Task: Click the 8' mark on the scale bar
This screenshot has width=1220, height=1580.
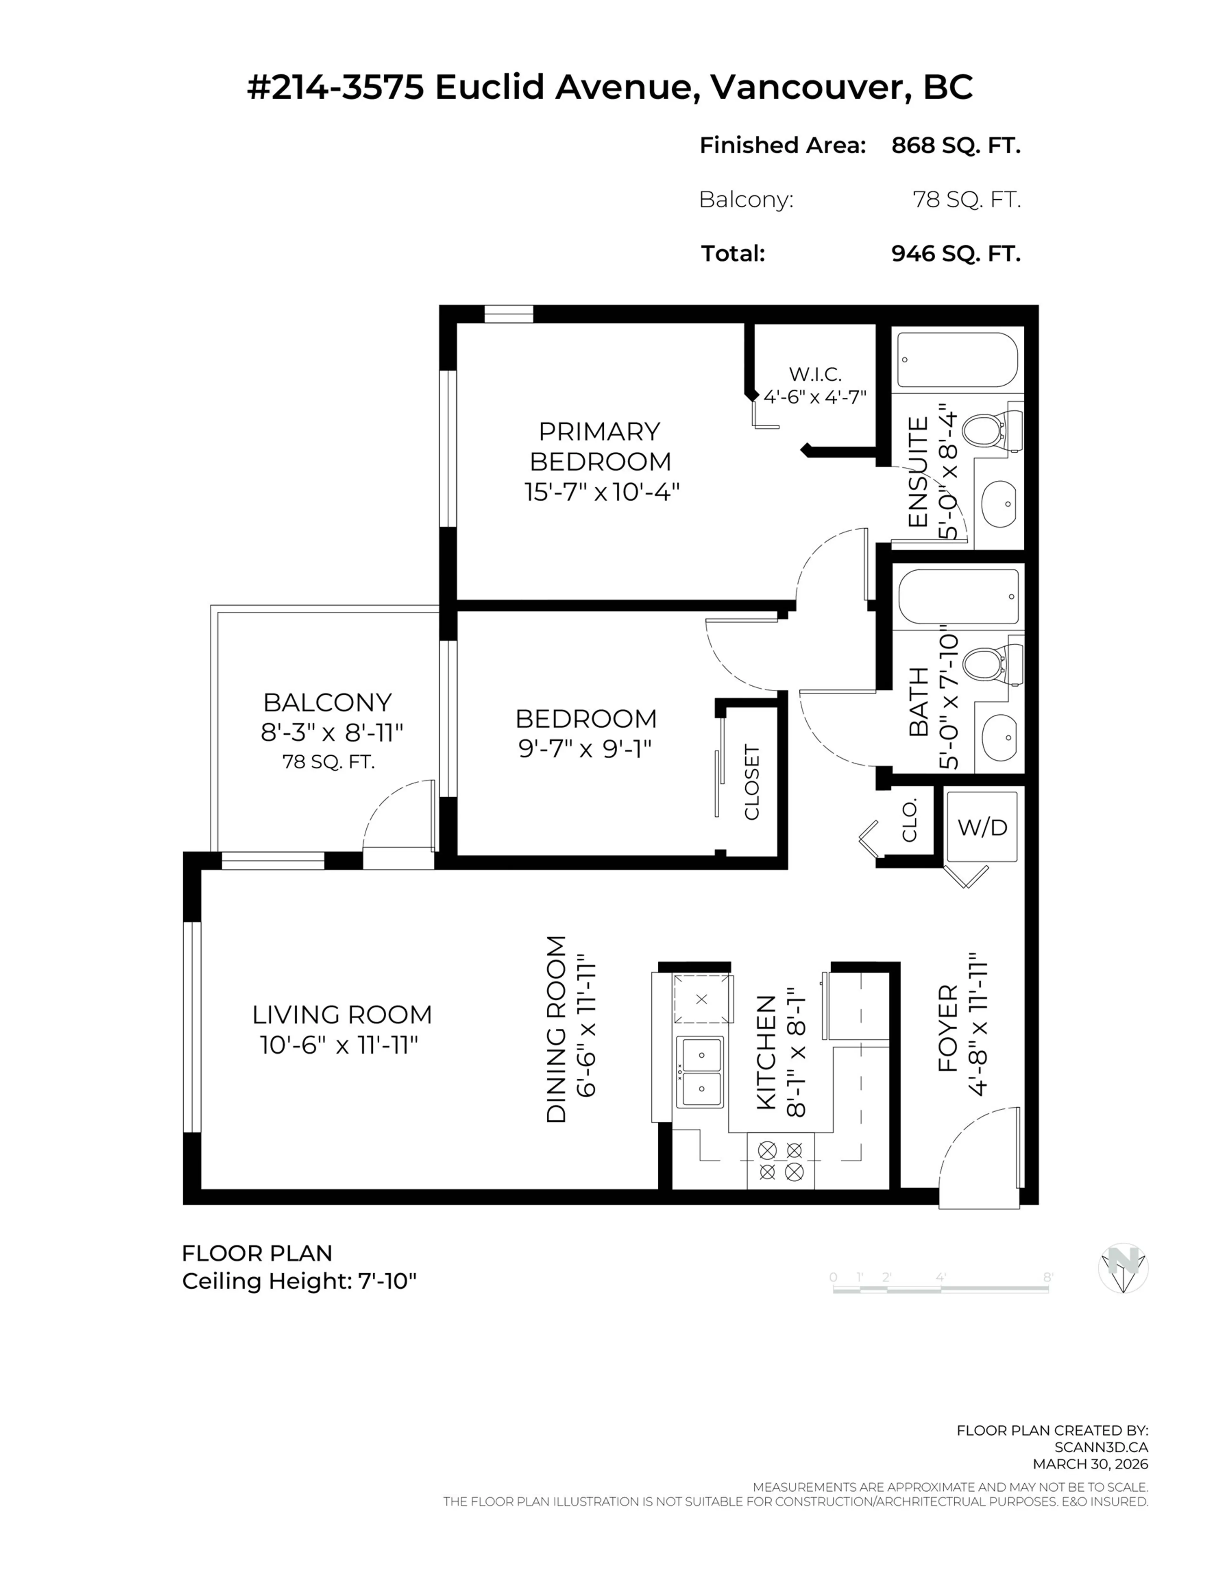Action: [1047, 1278]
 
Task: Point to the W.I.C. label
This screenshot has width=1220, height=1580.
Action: [815, 374]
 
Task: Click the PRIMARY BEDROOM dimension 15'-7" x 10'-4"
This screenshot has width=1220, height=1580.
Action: [602, 492]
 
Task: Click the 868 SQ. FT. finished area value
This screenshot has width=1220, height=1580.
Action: [955, 145]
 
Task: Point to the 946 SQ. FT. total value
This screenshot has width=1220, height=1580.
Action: [955, 253]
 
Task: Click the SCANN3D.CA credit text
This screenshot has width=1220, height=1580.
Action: [1101, 1447]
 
